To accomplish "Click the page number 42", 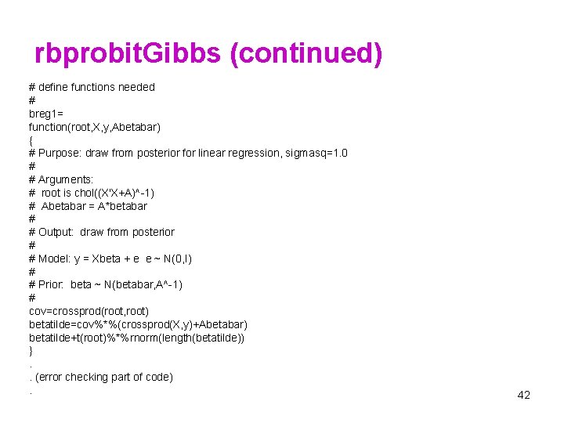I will (x=523, y=395).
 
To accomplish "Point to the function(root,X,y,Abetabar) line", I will (x=95, y=126).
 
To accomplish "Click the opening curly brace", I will (x=31, y=139).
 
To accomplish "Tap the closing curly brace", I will (x=31, y=350).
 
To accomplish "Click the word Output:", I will (x=56, y=232).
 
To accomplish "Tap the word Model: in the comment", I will (x=56, y=258).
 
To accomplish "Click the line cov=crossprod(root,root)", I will (x=89, y=311).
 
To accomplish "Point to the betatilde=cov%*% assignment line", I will (x=138, y=324).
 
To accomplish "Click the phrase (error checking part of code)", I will (x=104, y=377).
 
